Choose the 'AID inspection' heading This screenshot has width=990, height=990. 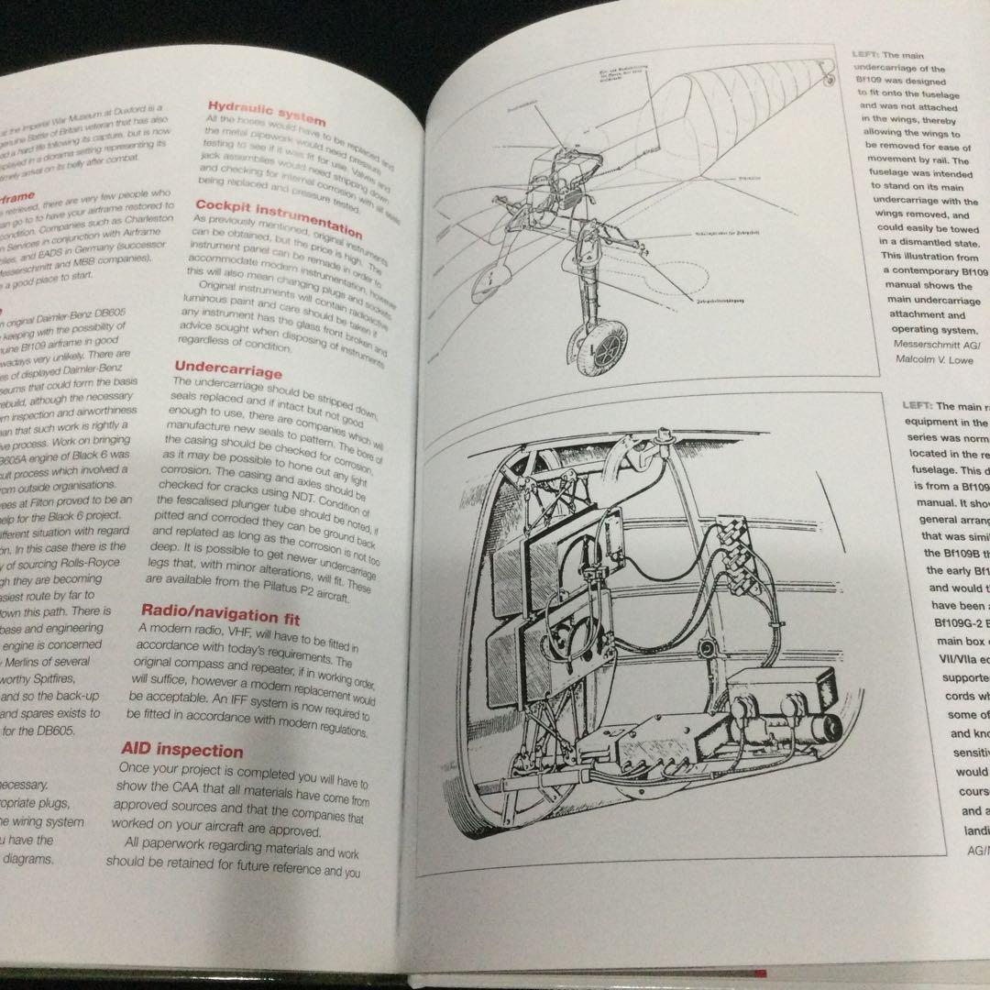182,751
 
